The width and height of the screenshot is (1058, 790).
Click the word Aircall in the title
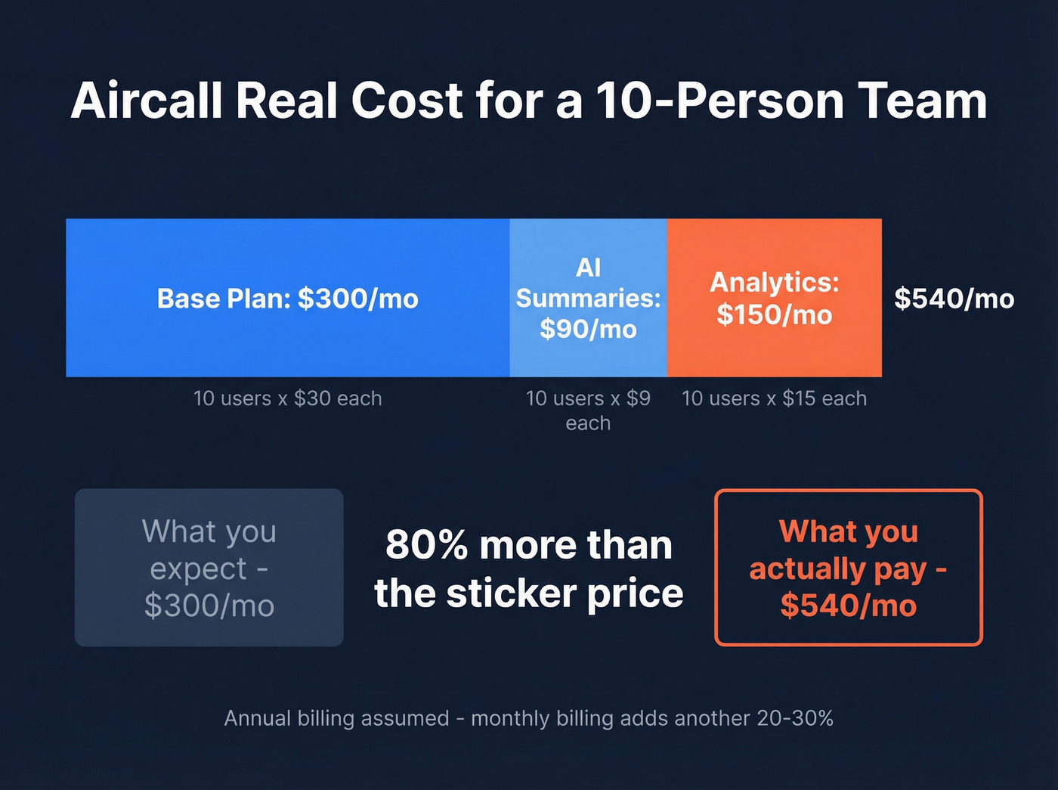click(x=147, y=101)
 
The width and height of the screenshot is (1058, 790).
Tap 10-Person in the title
click(x=719, y=101)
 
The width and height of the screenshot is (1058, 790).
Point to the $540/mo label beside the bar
click(x=954, y=299)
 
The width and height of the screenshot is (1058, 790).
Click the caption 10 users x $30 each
click(x=287, y=398)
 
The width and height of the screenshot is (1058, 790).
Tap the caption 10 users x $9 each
click(x=588, y=410)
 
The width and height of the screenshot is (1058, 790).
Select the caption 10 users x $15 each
click(x=774, y=398)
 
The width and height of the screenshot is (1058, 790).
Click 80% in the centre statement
click(x=425, y=545)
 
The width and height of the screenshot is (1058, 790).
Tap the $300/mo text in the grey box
click(x=209, y=606)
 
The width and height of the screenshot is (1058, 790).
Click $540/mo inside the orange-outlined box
click(x=848, y=606)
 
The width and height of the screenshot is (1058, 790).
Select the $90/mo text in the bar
click(x=588, y=330)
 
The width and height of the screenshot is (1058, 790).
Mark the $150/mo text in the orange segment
click(x=774, y=314)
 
